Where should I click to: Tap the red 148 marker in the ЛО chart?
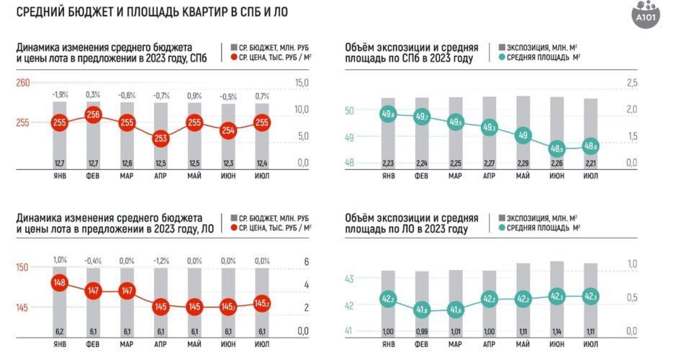click(60, 282)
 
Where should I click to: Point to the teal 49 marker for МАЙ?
click(523, 135)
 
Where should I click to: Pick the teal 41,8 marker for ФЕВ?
click(422, 310)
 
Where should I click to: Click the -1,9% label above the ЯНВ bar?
click(60, 95)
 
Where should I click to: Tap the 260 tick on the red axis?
click(22, 84)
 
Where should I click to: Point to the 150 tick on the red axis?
click(22, 267)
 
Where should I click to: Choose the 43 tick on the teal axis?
click(350, 279)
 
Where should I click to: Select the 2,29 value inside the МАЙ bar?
click(523, 163)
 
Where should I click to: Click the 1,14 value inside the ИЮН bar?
click(557, 330)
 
